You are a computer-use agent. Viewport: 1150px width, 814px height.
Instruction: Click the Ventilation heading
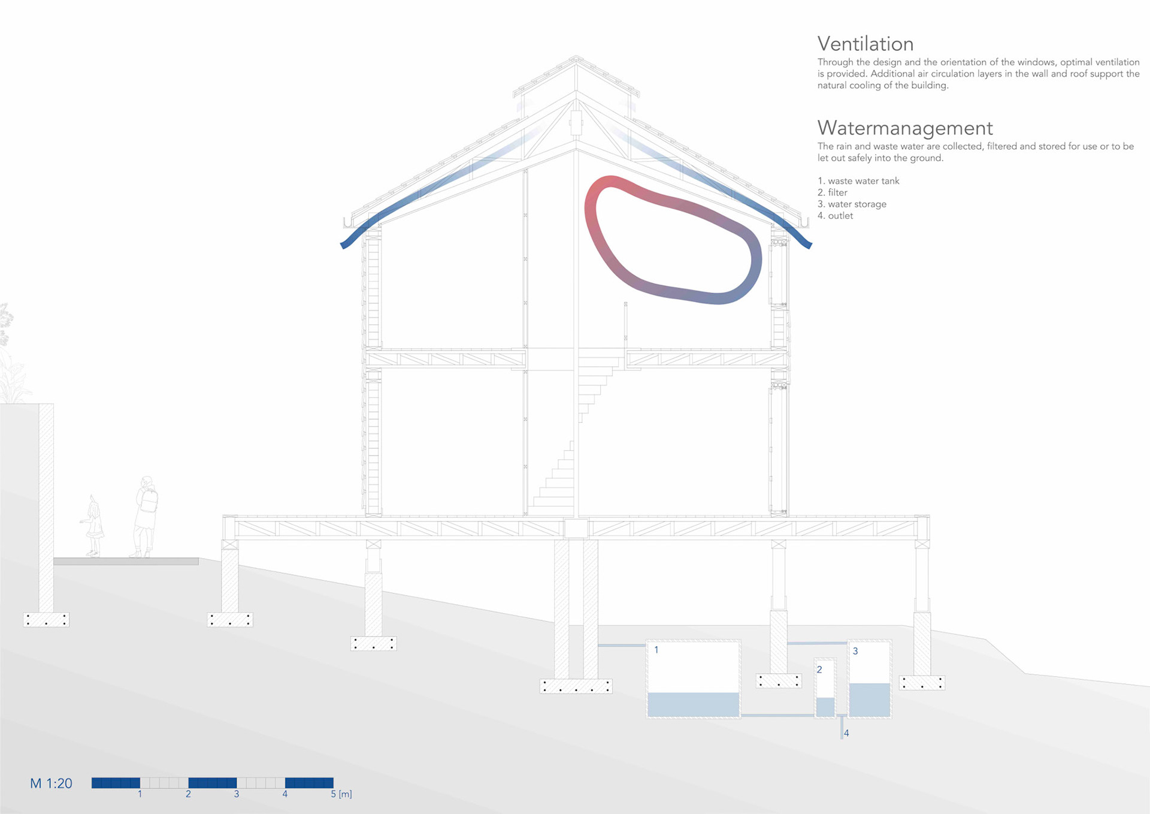(x=865, y=44)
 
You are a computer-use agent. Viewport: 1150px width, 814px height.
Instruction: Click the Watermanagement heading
(x=904, y=128)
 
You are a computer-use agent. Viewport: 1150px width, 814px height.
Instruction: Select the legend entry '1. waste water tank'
(x=858, y=181)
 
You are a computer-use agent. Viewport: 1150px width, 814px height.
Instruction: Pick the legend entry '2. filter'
(x=833, y=192)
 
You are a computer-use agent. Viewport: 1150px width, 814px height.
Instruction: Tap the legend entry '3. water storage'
(x=852, y=204)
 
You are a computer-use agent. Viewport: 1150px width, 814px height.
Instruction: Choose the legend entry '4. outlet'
(x=835, y=216)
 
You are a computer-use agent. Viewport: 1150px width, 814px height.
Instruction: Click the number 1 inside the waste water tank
(x=656, y=650)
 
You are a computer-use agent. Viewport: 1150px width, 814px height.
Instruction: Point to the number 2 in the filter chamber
(x=819, y=670)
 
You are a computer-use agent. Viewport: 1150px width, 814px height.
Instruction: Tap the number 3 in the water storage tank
(x=855, y=651)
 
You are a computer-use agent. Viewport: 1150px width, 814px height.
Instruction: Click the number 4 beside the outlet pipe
(x=846, y=733)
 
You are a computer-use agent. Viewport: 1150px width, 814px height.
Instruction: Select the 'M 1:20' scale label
(x=51, y=783)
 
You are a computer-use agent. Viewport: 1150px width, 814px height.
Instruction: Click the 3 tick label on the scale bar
(x=237, y=794)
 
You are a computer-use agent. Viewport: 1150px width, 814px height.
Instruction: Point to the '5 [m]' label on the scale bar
(x=341, y=794)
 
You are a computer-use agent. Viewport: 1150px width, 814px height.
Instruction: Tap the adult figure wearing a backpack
(x=146, y=515)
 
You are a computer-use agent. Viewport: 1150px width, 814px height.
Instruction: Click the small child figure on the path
(x=93, y=526)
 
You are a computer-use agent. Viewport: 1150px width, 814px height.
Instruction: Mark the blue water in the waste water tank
(x=693, y=704)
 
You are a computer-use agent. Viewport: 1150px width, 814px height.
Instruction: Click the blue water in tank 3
(x=869, y=700)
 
